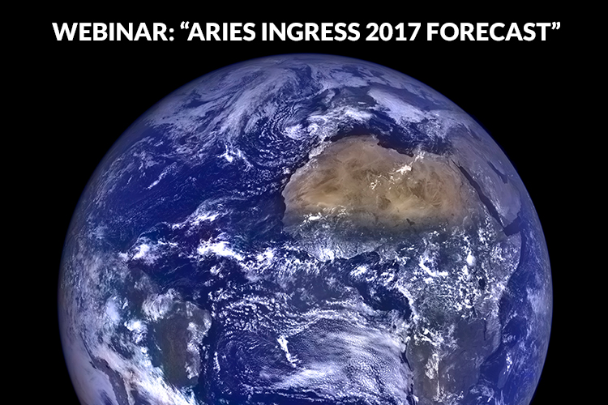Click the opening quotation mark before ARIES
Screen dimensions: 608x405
(x=183, y=26)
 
